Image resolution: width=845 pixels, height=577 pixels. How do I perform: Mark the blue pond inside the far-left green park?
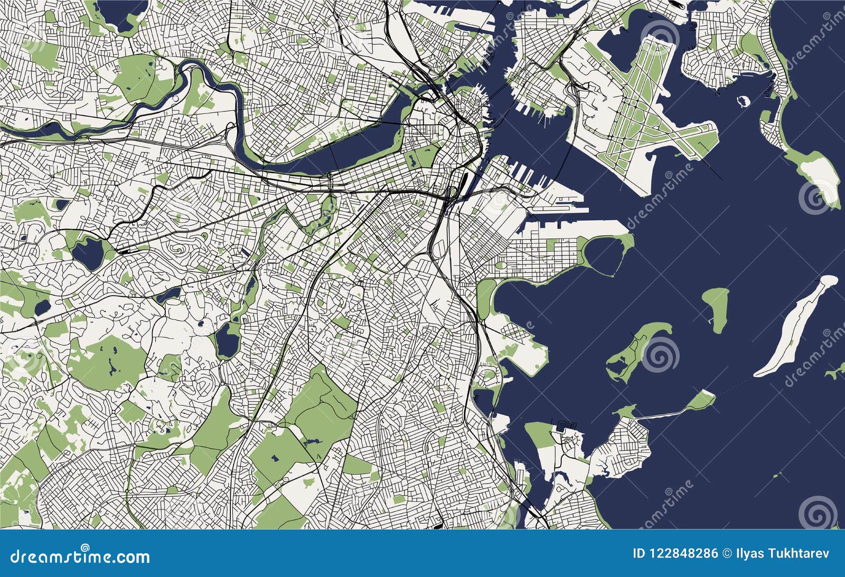pos(40,306)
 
